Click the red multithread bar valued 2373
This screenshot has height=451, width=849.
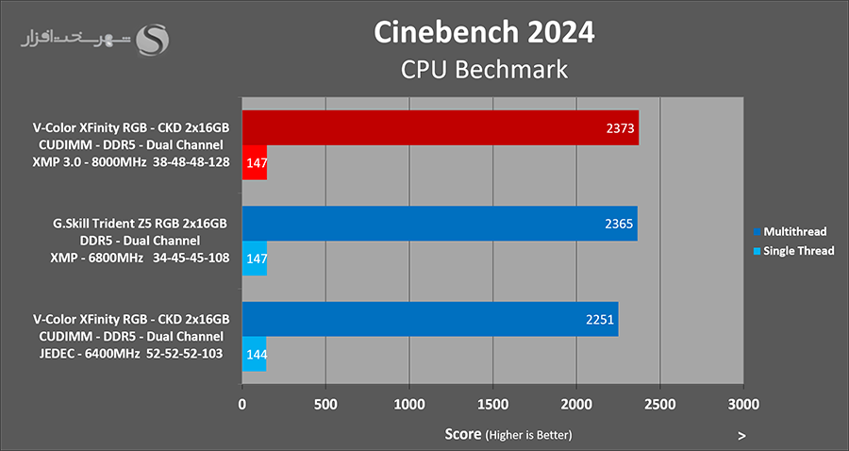[441, 127]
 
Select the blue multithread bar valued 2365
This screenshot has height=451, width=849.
[440, 224]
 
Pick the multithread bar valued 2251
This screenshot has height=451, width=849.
[430, 319]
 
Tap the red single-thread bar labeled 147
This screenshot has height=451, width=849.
[255, 163]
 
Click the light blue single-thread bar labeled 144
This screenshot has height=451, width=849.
[254, 354]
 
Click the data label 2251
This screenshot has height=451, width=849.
[601, 319]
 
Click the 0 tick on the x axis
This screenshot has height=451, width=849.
[242, 405]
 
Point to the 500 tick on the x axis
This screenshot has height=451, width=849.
[325, 405]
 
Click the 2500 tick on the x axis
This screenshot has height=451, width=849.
[659, 405]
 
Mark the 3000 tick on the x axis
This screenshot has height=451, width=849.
[743, 405]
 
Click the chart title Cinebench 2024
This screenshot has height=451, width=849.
[484, 31]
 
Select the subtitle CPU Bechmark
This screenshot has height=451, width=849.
[484, 69]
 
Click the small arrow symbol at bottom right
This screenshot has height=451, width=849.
[742, 436]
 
